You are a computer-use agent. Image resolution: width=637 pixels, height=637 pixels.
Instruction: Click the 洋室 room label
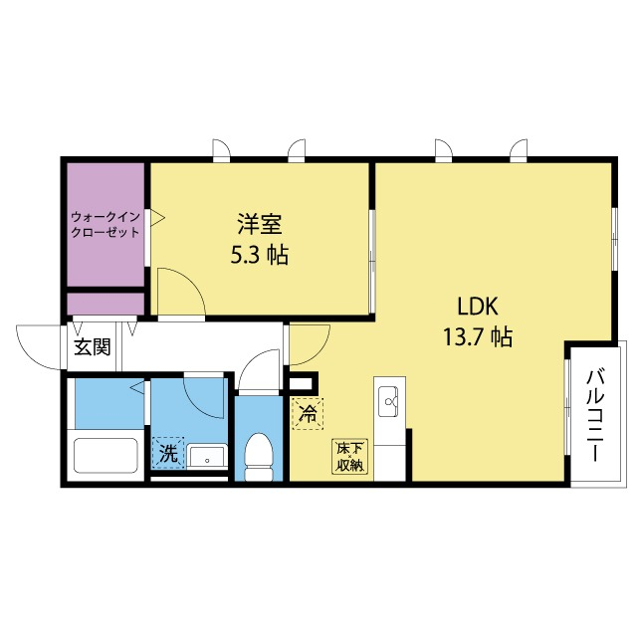260,224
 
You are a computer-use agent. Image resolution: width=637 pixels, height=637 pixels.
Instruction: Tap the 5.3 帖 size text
260,255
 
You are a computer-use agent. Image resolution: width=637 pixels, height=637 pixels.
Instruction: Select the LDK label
478,307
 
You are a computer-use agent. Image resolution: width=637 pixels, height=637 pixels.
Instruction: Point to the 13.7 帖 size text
478,337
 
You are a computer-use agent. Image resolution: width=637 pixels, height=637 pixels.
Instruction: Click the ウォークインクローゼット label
106,224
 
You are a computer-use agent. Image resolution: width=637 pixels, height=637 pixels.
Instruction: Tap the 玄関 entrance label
93,347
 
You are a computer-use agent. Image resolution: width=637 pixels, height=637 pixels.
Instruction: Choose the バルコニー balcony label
593,415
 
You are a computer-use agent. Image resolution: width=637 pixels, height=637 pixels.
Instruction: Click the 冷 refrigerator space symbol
308,414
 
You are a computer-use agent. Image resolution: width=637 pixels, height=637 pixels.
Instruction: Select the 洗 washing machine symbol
168,454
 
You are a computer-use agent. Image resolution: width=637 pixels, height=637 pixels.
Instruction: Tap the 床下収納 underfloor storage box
349,456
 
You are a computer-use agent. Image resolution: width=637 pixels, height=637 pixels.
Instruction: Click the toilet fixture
259,457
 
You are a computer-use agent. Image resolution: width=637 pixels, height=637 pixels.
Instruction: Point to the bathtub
106,456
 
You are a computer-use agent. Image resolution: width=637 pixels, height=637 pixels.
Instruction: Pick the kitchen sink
389,401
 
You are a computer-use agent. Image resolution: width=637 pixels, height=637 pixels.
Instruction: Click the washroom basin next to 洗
207,457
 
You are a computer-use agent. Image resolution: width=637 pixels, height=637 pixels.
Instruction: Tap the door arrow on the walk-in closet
157,218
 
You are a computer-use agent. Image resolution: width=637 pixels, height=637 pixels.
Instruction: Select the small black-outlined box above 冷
301,383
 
